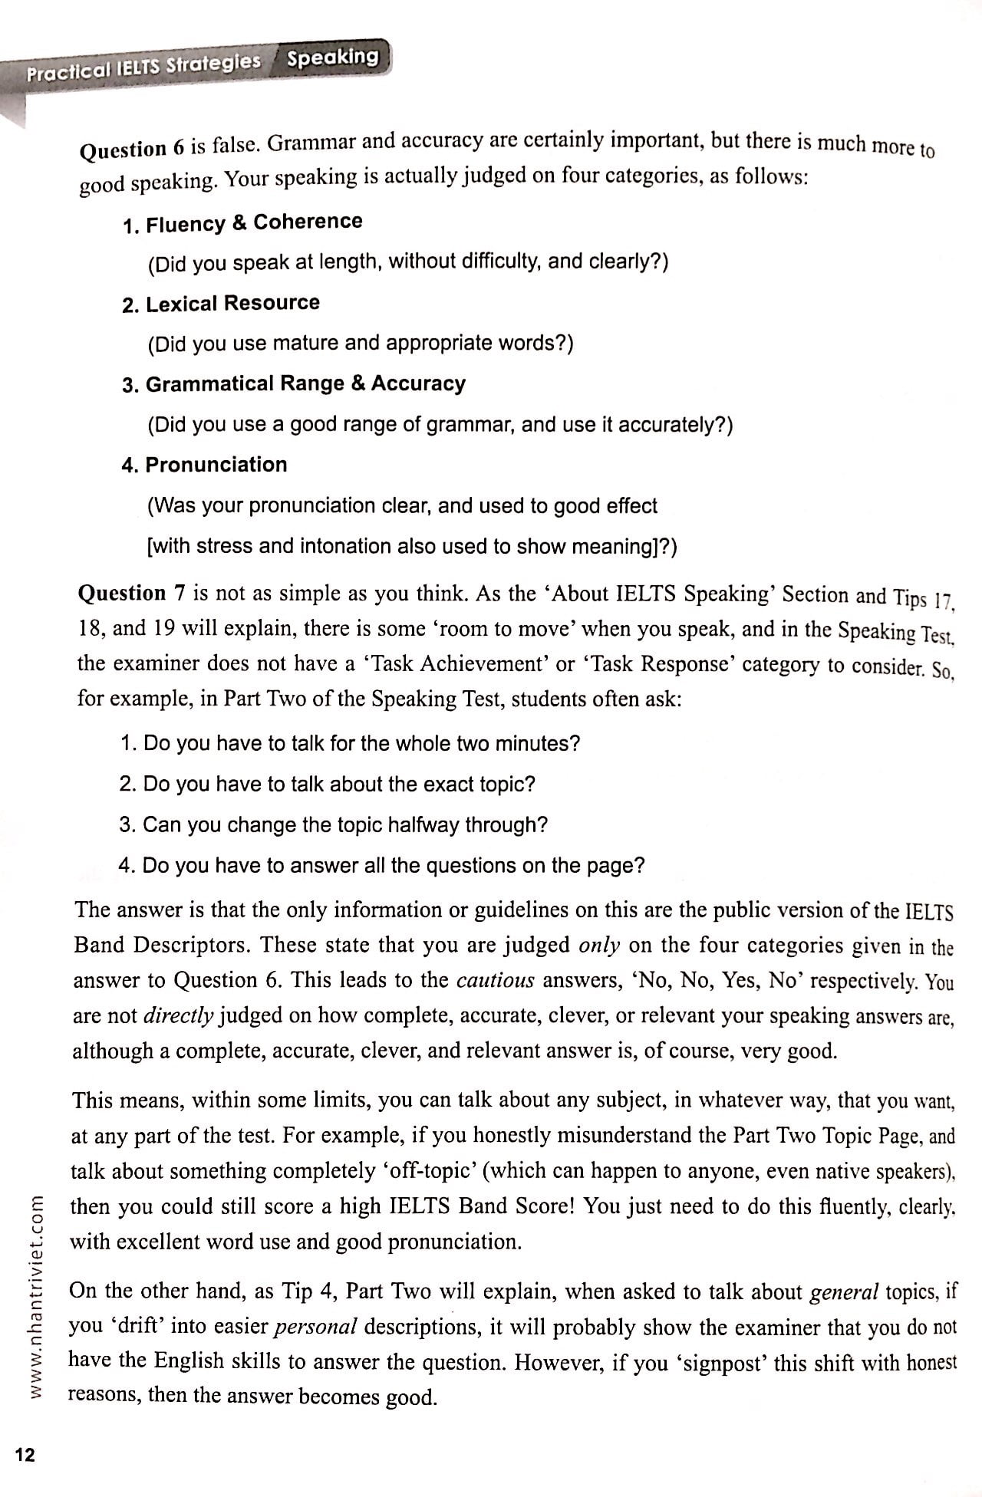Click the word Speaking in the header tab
click(333, 58)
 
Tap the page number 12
click(25, 1454)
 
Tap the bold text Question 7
click(132, 594)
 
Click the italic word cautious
click(495, 980)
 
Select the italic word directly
click(178, 1015)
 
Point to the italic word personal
click(315, 1326)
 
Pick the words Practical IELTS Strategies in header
click(143, 67)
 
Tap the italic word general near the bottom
click(844, 1292)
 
